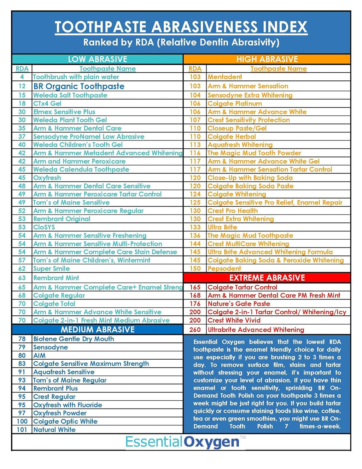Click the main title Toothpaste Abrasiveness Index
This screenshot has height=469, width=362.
pyautogui.click(x=181, y=27)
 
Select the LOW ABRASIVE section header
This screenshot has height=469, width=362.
pyautogui.click(x=98, y=59)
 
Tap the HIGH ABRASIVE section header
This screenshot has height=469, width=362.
pyautogui.click(x=267, y=59)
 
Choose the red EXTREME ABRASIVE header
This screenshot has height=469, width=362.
pyautogui.click(x=267, y=278)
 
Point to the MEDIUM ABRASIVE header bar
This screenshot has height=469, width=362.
pyautogui.click(x=98, y=330)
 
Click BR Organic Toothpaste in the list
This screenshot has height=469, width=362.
pyautogui.click(x=79, y=86)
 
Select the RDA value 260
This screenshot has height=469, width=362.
pyautogui.click(x=195, y=330)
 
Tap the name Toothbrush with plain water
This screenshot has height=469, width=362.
pyautogui.click(x=76, y=77)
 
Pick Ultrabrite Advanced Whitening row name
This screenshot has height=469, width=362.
pyautogui.click(x=256, y=330)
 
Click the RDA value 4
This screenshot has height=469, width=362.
pyautogui.click(x=22, y=77)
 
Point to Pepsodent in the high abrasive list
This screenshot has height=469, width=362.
pyautogui.click(x=224, y=268)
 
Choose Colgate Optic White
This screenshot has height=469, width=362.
pyautogui.click(x=65, y=421)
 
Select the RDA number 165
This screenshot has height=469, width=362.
pyautogui.click(x=195, y=287)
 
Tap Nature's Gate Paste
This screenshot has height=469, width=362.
pyautogui.click(x=239, y=303)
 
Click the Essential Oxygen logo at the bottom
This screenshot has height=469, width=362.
pyautogui.click(x=182, y=442)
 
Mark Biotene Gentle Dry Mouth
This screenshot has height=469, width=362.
pyautogui.click(x=74, y=339)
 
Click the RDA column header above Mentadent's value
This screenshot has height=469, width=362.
pyautogui.click(x=195, y=69)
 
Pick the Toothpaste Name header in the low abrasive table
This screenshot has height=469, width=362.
pyautogui.click(x=107, y=69)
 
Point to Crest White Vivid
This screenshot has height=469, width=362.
pyautogui.click(x=234, y=320)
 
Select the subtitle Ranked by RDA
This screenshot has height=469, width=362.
pyautogui.click(x=181, y=42)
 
